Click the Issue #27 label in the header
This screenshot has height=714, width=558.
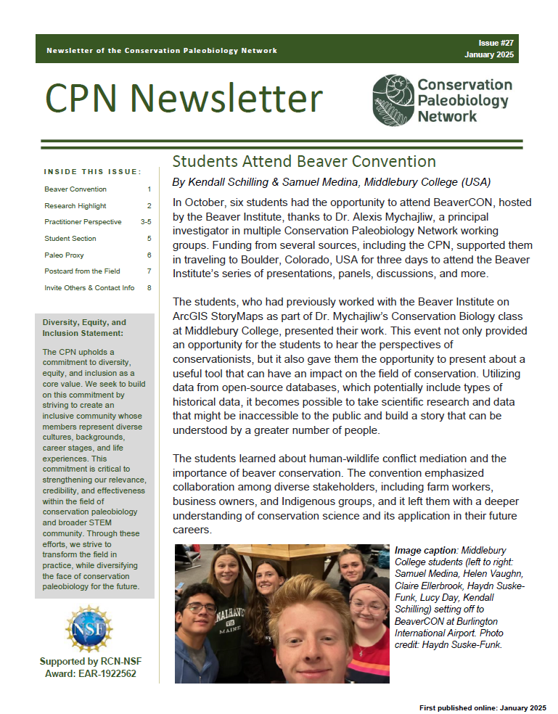point(496,44)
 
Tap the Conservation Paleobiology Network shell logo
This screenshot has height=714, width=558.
point(393,100)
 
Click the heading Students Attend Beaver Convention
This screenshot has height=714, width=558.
point(303,160)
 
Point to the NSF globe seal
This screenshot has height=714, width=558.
point(89,628)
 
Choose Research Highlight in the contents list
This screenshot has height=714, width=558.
point(75,206)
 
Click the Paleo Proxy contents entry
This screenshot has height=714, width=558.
point(64,255)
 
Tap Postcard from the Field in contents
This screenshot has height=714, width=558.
point(81,271)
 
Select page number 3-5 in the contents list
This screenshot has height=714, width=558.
point(146,222)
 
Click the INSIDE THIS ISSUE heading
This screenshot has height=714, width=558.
point(92,172)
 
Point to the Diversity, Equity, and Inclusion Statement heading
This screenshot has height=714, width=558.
point(84,327)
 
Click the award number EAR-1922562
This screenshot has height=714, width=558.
point(110,674)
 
